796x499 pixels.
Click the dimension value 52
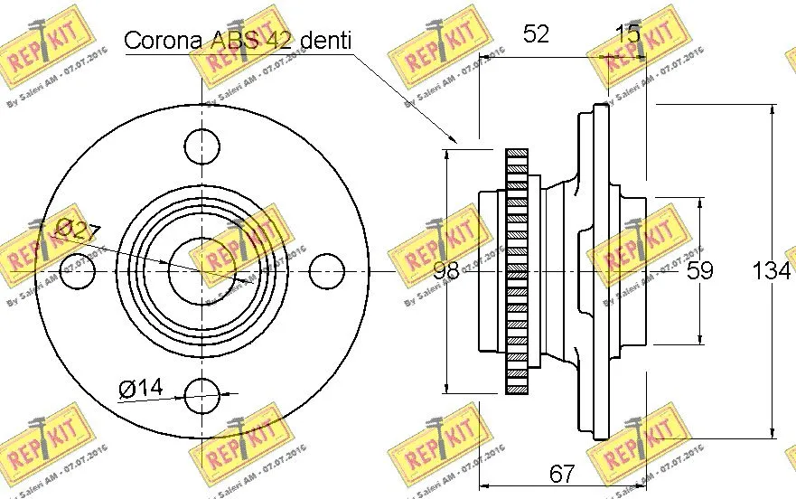pos(536,34)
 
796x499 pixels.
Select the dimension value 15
pos(627,34)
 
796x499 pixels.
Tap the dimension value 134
pos(773,270)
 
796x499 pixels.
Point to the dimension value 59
pos(700,270)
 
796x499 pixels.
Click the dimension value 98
pos(447,270)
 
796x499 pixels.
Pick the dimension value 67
pos(562,473)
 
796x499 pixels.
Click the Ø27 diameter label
pos(77,230)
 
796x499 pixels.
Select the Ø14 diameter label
pos(140,389)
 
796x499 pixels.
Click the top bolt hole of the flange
pos(201,145)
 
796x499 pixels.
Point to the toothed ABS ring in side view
pos(516,270)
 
